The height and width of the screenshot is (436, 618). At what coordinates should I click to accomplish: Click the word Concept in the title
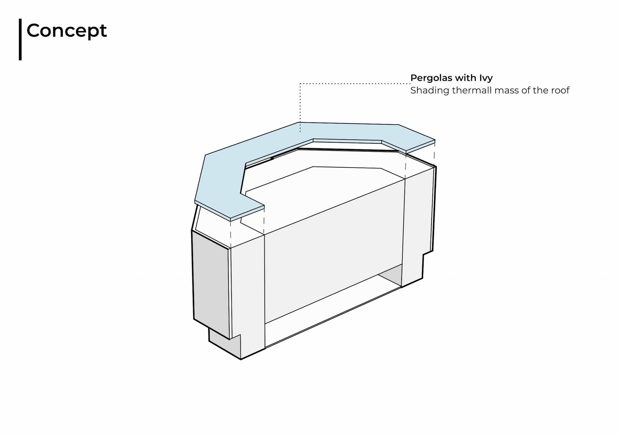pyautogui.click(x=66, y=31)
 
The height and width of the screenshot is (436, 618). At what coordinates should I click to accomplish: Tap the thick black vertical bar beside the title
pyautogui.click(x=20, y=39)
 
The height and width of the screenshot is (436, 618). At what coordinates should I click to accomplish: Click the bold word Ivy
pyautogui.click(x=486, y=78)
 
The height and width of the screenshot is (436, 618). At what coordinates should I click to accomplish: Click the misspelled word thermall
pyautogui.click(x=472, y=90)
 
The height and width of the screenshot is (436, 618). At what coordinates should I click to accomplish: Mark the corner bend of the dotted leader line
pyautogui.click(x=300, y=84)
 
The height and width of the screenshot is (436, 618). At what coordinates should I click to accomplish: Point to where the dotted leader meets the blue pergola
pyautogui.click(x=300, y=131)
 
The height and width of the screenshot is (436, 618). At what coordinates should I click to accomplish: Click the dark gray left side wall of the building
pyautogui.click(x=211, y=283)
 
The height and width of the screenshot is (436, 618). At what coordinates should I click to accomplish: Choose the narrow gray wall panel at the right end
pyautogui.click(x=418, y=225)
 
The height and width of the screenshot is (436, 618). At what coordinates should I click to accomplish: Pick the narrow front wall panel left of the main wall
pyautogui.click(x=248, y=289)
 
